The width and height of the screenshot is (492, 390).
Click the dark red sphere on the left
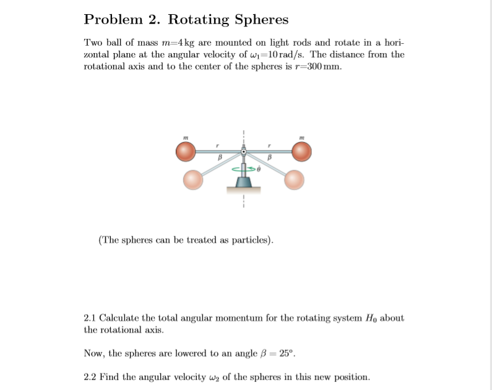[x=186, y=151]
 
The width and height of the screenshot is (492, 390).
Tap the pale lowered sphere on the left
[x=194, y=179]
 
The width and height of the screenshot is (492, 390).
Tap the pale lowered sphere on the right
[x=294, y=179]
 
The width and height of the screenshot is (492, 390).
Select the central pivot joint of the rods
[x=244, y=151]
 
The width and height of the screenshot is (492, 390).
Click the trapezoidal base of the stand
[x=244, y=183]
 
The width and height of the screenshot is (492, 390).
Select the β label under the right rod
[x=270, y=159]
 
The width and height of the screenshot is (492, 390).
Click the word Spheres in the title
[x=261, y=20]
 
